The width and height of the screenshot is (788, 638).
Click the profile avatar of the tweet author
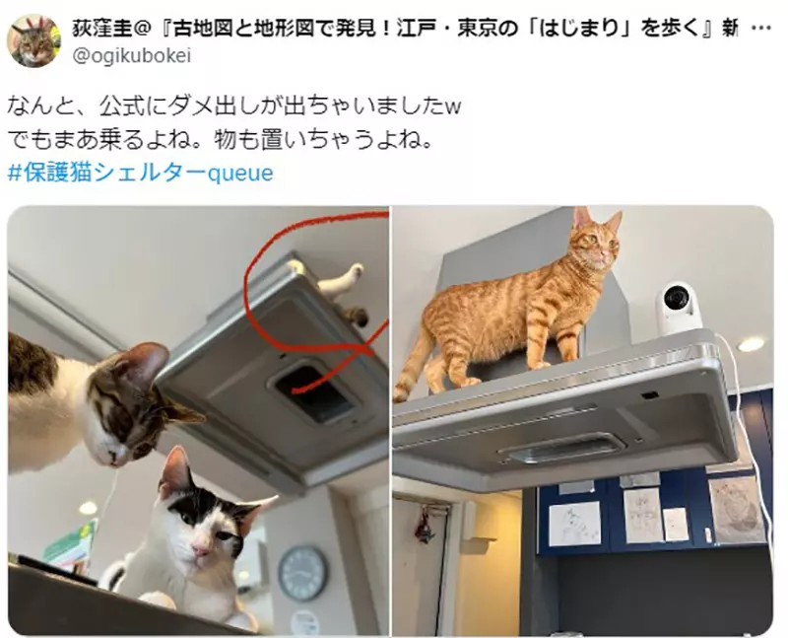pyautogui.click(x=33, y=40)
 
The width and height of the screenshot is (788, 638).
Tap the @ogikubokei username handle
pyautogui.click(x=132, y=55)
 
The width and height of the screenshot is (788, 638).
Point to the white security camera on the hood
pyautogui.click(x=679, y=306)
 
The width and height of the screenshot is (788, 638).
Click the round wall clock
pyautogui.click(x=302, y=572)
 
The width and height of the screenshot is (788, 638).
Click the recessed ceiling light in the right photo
pyautogui.click(x=751, y=344)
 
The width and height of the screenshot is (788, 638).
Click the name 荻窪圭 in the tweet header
pyautogui.click(x=100, y=28)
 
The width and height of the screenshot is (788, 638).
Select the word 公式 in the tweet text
pyautogui.click(x=122, y=105)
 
